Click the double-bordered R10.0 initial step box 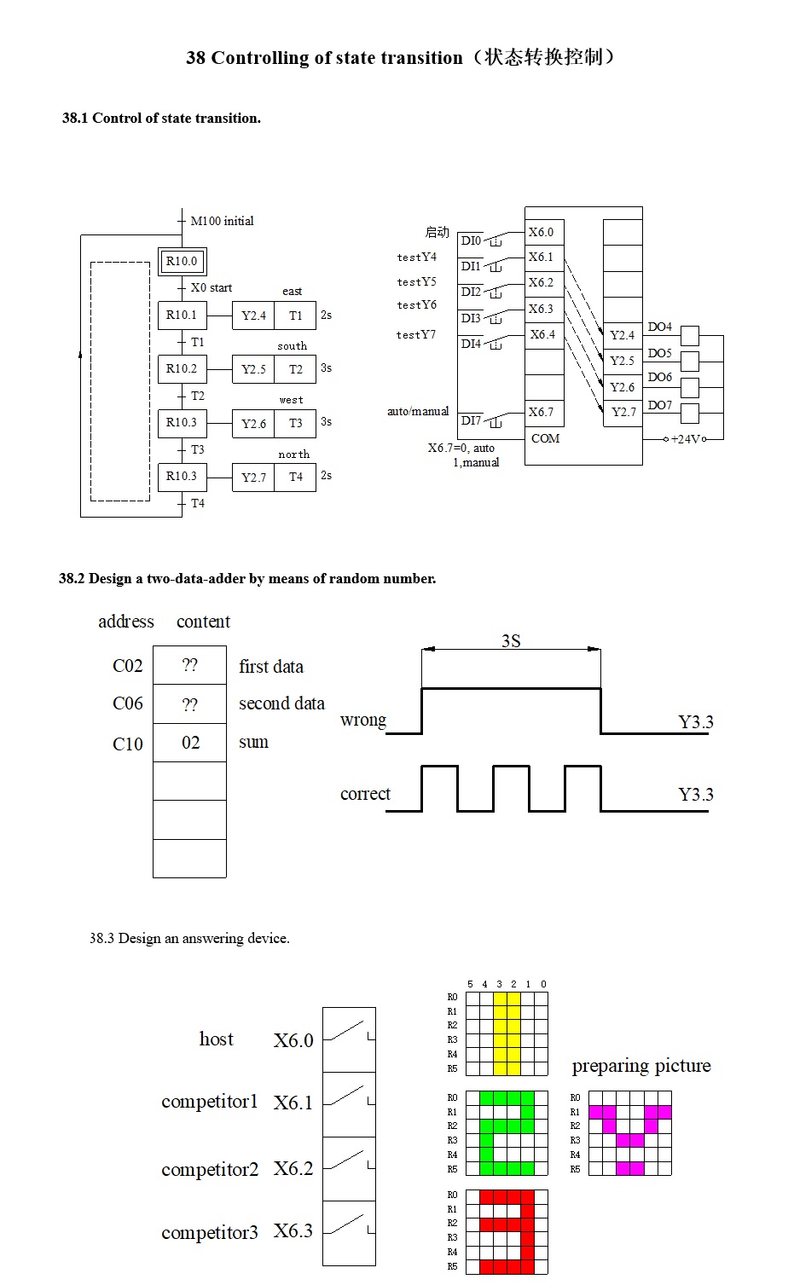(x=182, y=261)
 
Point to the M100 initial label (x=222, y=221)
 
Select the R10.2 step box (x=182, y=368)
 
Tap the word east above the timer (x=293, y=292)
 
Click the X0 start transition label (x=212, y=287)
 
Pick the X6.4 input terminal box (x=543, y=334)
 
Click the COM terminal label (x=545, y=438)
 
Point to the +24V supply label (x=686, y=439)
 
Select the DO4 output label (x=659, y=327)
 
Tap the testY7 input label (x=416, y=334)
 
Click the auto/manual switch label (x=418, y=411)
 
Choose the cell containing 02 (x=190, y=743)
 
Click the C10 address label (x=128, y=744)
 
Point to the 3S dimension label (x=511, y=641)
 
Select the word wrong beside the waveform (x=363, y=720)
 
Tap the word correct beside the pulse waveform (x=365, y=794)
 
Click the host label (x=216, y=1039)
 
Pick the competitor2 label (x=210, y=1169)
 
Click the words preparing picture (x=641, y=1066)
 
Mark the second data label (x=281, y=703)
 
